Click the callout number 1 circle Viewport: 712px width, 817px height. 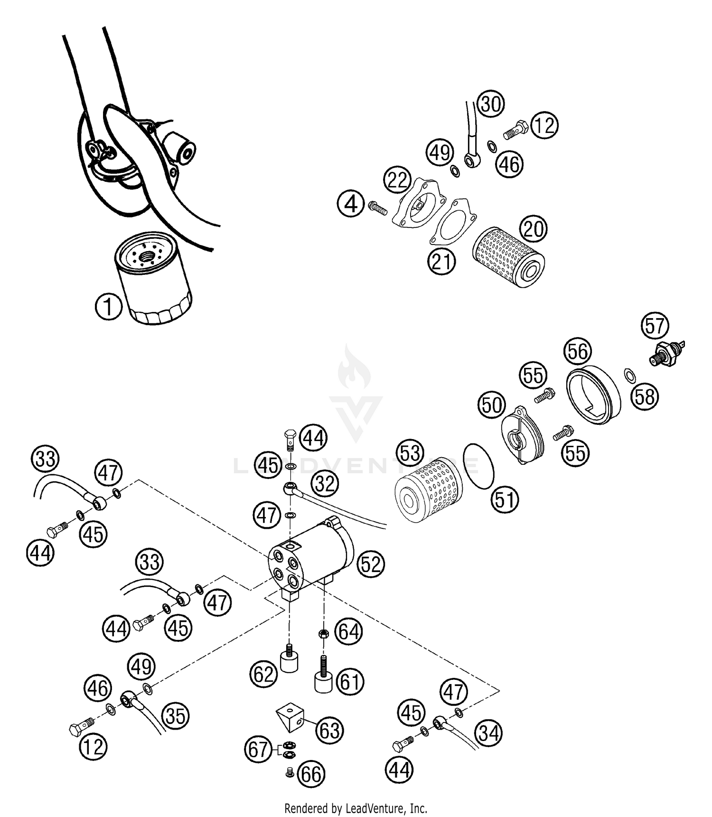(x=109, y=307)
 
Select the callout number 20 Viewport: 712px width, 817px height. (x=534, y=229)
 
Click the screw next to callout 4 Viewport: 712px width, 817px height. (x=378, y=207)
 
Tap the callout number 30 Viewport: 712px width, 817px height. (x=490, y=103)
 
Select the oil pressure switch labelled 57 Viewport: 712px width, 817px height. (x=667, y=352)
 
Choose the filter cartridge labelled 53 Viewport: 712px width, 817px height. (x=429, y=489)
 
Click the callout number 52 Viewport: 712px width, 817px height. (x=371, y=564)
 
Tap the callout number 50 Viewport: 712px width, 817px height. (x=492, y=405)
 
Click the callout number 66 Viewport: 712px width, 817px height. (x=311, y=774)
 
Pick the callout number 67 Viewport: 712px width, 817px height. (x=259, y=750)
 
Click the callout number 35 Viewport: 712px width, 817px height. (x=176, y=716)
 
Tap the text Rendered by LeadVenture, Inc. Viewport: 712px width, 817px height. (x=356, y=808)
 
